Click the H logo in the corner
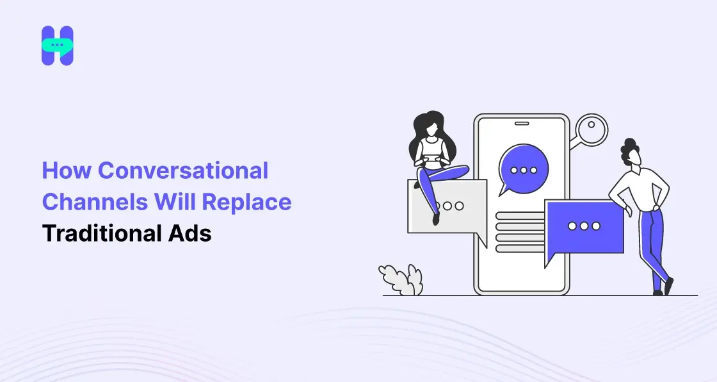click(58, 46)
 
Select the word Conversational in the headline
click(184, 171)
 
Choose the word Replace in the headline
click(247, 202)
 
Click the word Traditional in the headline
click(98, 233)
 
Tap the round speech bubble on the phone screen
click(523, 169)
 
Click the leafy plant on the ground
click(401, 279)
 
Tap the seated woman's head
click(428, 125)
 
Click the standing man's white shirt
click(641, 189)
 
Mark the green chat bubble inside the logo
click(58, 46)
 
